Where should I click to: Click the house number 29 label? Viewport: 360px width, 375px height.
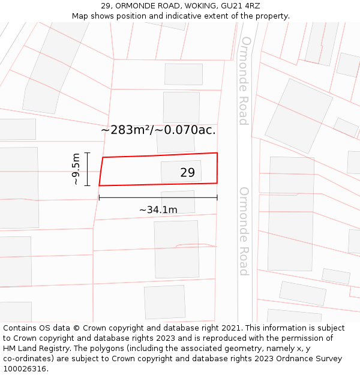coord(187,173)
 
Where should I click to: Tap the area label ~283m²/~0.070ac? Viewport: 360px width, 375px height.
coord(158,130)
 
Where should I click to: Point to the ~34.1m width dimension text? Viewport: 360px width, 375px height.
coord(158,210)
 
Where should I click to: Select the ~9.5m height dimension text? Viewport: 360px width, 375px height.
coord(76,169)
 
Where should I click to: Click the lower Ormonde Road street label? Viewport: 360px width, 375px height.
coord(244,231)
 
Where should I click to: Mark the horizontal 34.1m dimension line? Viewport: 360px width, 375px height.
coord(158,197)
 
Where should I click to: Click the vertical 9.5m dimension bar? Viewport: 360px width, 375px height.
coord(88,169)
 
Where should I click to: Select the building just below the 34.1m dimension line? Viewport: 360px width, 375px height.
coord(178,203)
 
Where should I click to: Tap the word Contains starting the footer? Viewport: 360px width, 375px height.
coord(21,328)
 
